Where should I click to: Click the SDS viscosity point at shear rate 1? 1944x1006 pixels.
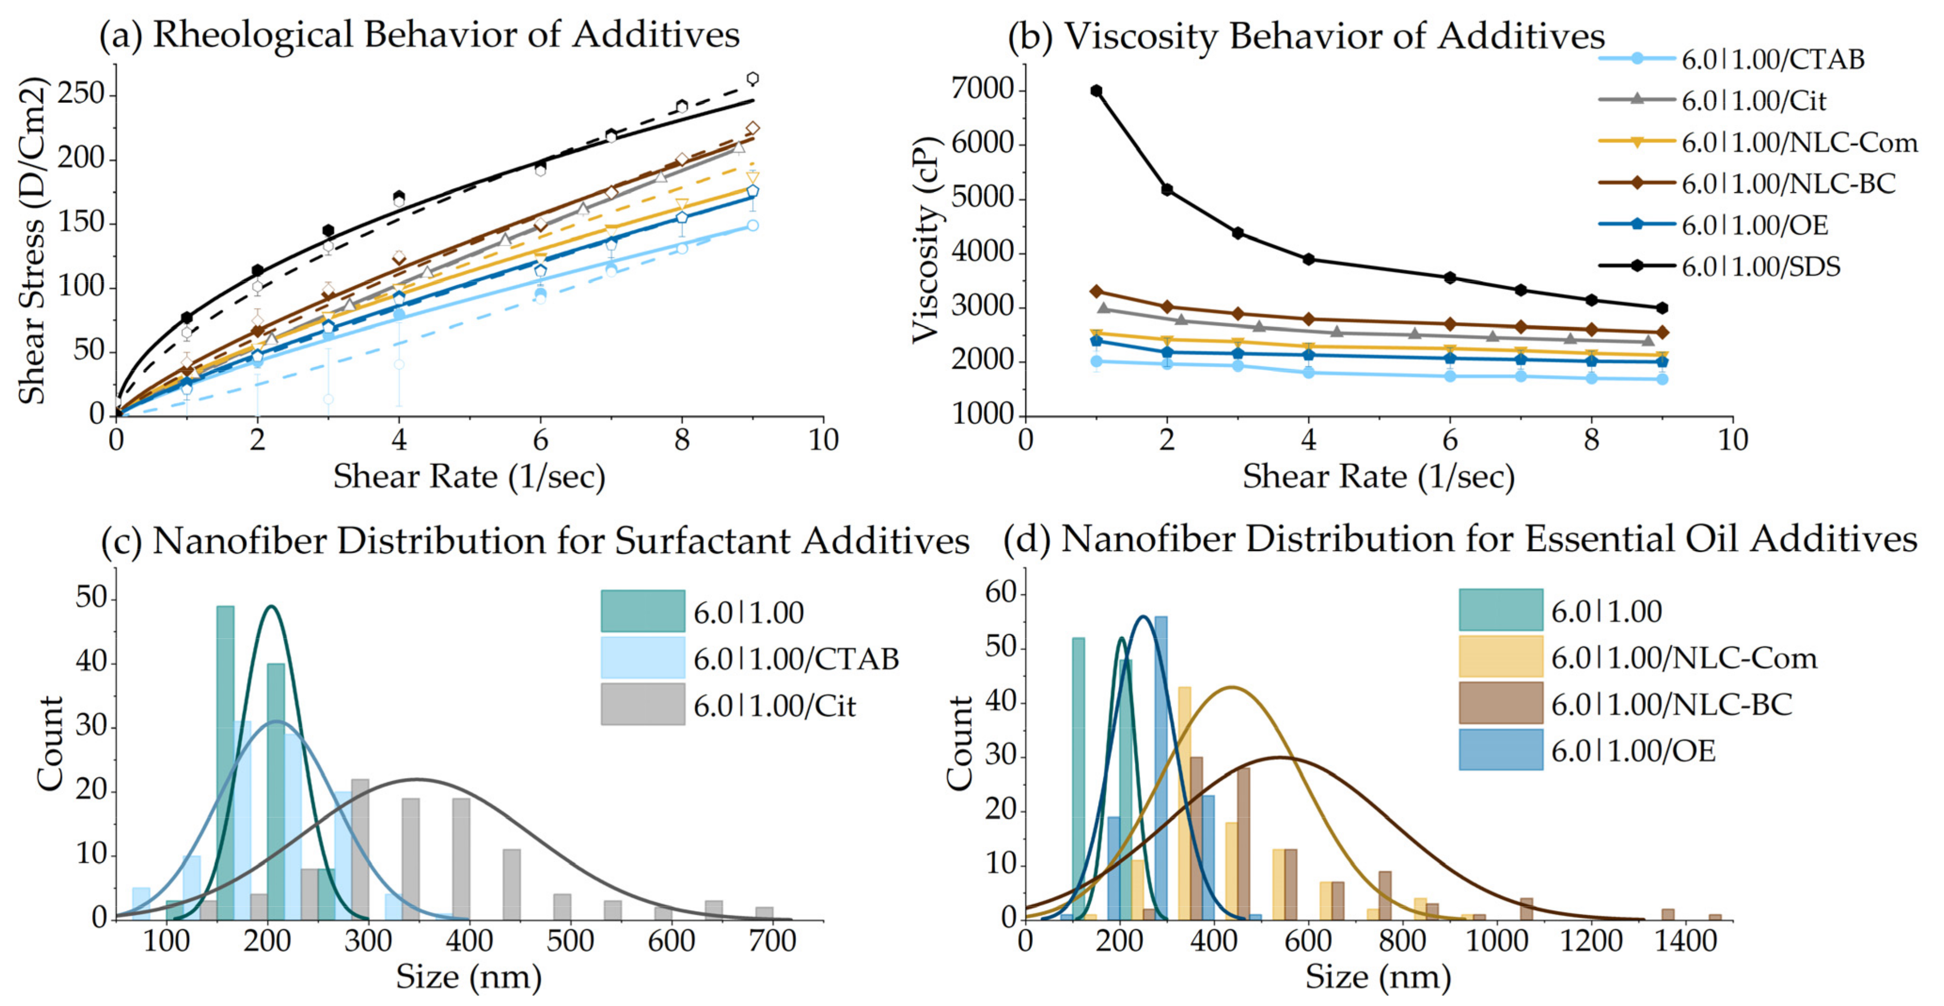[x=1096, y=91]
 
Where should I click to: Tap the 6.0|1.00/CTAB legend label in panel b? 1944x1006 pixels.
[x=1772, y=60]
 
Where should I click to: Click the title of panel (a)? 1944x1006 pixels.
[x=420, y=35]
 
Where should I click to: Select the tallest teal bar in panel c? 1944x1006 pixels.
[x=225, y=762]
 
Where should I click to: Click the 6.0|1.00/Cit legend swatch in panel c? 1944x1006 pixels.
[x=642, y=704]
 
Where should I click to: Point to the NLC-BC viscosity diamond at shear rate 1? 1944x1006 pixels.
[x=1096, y=291]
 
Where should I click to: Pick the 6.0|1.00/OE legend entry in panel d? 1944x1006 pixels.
[x=1632, y=751]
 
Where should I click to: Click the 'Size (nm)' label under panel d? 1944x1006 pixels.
[x=1378, y=977]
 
